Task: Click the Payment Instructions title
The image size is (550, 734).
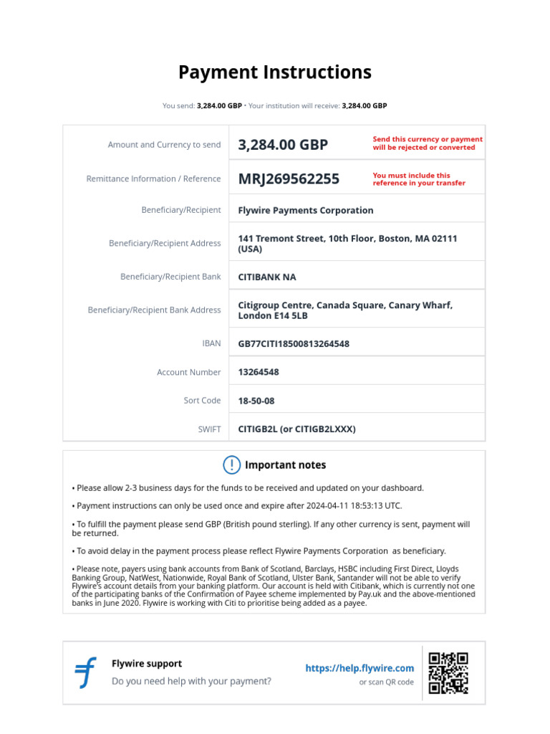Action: (x=274, y=72)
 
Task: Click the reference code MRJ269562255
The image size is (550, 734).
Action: (x=289, y=179)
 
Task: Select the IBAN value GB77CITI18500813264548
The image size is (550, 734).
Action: (x=294, y=343)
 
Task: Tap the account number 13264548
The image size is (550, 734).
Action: (x=259, y=372)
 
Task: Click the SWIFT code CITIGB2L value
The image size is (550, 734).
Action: (x=296, y=429)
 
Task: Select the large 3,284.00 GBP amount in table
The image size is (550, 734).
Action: (x=283, y=145)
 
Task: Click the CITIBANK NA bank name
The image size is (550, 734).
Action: (x=266, y=277)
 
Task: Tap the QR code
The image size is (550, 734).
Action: (x=448, y=673)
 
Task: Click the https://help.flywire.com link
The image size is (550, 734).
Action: (x=360, y=668)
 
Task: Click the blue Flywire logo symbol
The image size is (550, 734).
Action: (x=85, y=673)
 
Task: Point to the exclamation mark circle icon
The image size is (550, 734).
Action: (x=231, y=465)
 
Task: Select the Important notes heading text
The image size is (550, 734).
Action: (x=285, y=465)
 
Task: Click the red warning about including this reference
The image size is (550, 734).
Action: (x=418, y=179)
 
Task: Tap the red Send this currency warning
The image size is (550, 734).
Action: (x=427, y=143)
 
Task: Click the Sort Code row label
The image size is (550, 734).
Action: (x=202, y=401)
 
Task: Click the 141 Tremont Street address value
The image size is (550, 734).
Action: (x=347, y=243)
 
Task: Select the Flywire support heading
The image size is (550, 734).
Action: (x=147, y=664)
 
